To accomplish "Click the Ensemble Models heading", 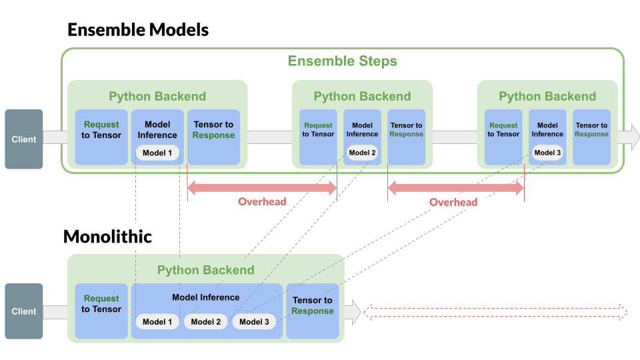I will [138, 30].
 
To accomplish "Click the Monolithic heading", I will [107, 237].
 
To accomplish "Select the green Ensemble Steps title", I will [342, 61].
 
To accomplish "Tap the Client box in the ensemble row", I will [24, 139].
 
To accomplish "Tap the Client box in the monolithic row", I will [24, 311].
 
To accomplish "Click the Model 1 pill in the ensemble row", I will [157, 153].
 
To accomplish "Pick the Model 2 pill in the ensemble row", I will [362, 153].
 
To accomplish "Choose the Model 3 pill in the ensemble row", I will [547, 153].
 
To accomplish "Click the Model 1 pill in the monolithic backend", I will [157, 322].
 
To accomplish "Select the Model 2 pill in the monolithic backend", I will [205, 322].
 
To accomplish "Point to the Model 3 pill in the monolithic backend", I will [254, 322].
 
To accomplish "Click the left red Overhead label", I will [262, 202].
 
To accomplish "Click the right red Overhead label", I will [453, 202].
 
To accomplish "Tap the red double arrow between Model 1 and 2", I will [262, 189].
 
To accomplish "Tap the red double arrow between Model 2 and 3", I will [456, 189].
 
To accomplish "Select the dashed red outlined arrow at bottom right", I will [494, 312].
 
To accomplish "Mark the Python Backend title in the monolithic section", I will [205, 270].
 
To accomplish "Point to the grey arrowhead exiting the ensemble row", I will [632, 137].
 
